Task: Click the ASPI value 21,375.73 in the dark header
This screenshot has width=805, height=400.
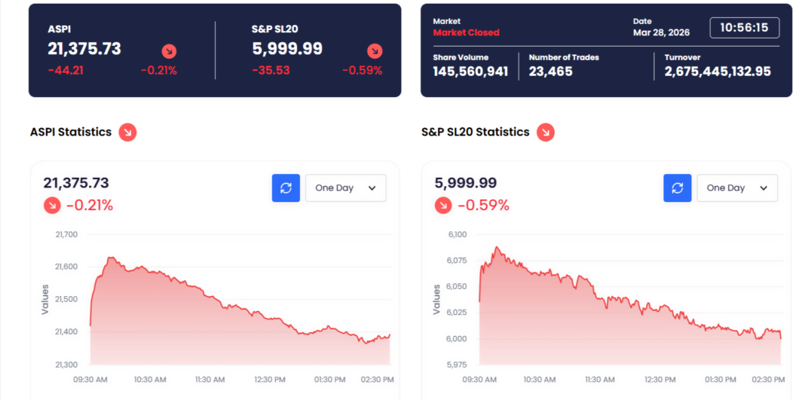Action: click(84, 49)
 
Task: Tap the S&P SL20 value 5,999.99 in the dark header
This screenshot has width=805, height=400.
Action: click(287, 49)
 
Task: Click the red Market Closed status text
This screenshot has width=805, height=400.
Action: click(466, 32)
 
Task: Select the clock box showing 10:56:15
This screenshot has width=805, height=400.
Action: click(744, 28)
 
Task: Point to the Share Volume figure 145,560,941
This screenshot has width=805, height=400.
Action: click(470, 72)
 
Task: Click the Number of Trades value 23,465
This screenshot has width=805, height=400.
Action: click(551, 72)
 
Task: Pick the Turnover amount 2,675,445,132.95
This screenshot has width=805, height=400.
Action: click(718, 72)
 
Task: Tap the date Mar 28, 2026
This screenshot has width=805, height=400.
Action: click(661, 32)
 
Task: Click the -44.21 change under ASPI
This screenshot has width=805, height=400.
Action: click(66, 71)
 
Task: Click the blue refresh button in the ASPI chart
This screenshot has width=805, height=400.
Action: click(286, 188)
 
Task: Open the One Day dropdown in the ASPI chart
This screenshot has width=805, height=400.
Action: click(345, 188)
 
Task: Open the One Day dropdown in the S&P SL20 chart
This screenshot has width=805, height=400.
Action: click(736, 188)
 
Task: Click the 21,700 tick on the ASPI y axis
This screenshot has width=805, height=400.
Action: click(66, 234)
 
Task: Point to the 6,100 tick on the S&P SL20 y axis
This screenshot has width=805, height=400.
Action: click(458, 234)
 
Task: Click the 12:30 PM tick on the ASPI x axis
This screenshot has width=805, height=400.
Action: click(270, 379)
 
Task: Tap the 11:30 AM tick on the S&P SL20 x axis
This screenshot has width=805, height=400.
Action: click(601, 379)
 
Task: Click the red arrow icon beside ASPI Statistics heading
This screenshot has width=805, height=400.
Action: click(127, 133)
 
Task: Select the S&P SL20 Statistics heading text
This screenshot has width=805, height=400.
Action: click(475, 132)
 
